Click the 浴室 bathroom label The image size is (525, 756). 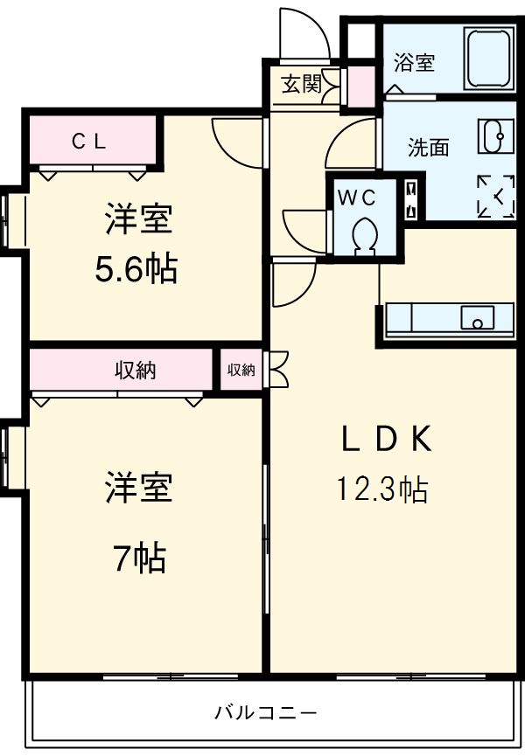click(x=414, y=63)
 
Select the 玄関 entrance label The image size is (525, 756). click(x=300, y=84)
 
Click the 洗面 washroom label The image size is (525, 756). click(x=428, y=148)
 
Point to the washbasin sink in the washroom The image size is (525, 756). click(x=491, y=135)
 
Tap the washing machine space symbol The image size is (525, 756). click(x=495, y=196)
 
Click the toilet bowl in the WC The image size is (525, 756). click(x=363, y=233)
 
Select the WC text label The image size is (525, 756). click(x=356, y=198)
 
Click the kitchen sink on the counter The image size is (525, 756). click(x=479, y=319)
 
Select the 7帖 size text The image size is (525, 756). click(x=138, y=557)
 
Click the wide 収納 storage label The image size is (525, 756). click(x=136, y=371)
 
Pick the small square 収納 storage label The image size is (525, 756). click(x=241, y=371)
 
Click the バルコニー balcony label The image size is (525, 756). click(x=266, y=711)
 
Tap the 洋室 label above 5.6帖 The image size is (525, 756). click(x=137, y=219)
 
